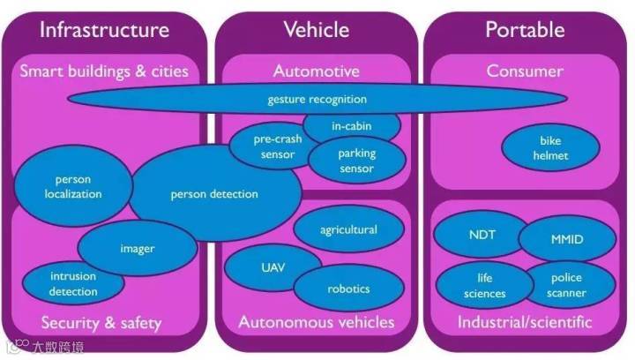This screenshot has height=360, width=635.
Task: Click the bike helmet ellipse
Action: [550, 148]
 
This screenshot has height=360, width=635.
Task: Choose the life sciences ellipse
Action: [484, 286]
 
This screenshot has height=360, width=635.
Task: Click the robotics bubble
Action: [348, 289]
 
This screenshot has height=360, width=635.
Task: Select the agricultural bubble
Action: [347, 230]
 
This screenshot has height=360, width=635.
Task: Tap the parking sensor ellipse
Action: [356, 161]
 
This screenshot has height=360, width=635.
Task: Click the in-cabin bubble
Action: [352, 126]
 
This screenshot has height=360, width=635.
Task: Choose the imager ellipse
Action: [138, 248]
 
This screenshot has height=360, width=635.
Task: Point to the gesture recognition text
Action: [317, 99]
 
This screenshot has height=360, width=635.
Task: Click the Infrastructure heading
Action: [103, 30]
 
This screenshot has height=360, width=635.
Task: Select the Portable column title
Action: [525, 30]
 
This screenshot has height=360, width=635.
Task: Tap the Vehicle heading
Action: [316, 30]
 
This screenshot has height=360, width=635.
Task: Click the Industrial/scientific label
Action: [525, 322]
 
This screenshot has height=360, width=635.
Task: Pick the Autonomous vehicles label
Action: [316, 322]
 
